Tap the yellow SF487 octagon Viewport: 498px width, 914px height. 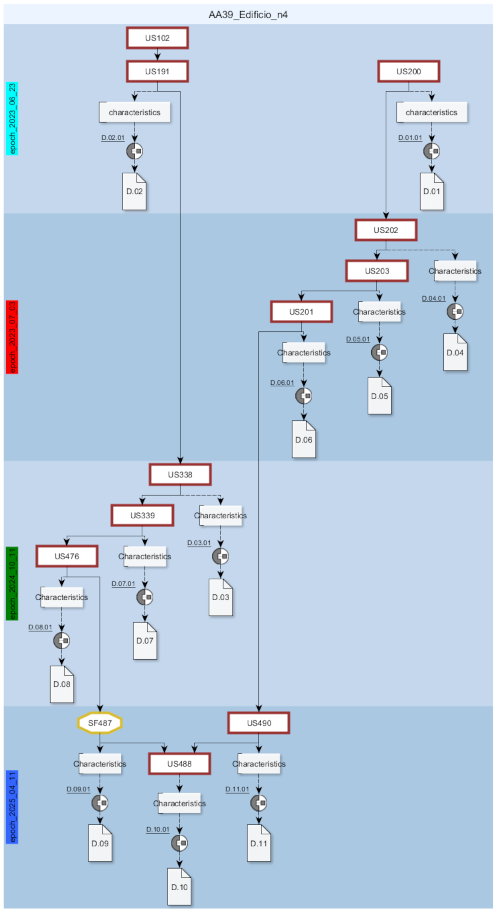pos(100,723)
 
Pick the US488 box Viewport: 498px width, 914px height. pos(179,764)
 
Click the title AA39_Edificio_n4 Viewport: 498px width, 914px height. pos(248,15)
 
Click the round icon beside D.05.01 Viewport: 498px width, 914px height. pos(379,352)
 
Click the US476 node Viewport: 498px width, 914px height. pos(67,556)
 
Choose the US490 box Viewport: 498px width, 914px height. pos(259,723)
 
